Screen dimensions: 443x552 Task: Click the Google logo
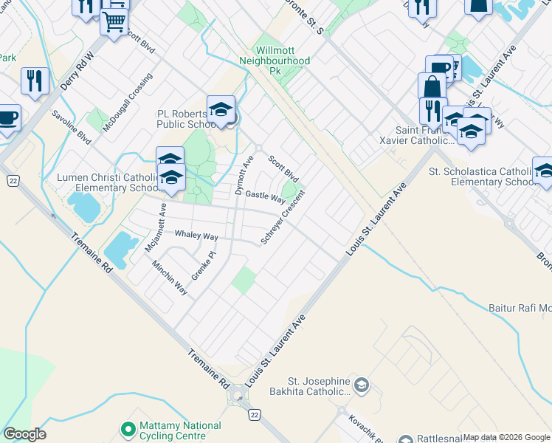(24, 434)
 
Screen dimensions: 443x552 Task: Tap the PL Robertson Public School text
(182, 120)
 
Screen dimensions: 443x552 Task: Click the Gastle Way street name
(265, 197)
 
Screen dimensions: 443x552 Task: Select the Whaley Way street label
(196, 236)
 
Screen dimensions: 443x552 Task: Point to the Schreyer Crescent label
(283, 216)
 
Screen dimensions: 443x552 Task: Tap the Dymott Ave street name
(244, 175)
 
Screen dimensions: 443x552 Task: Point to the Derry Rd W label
(78, 72)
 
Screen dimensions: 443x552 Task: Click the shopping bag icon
(432, 86)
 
